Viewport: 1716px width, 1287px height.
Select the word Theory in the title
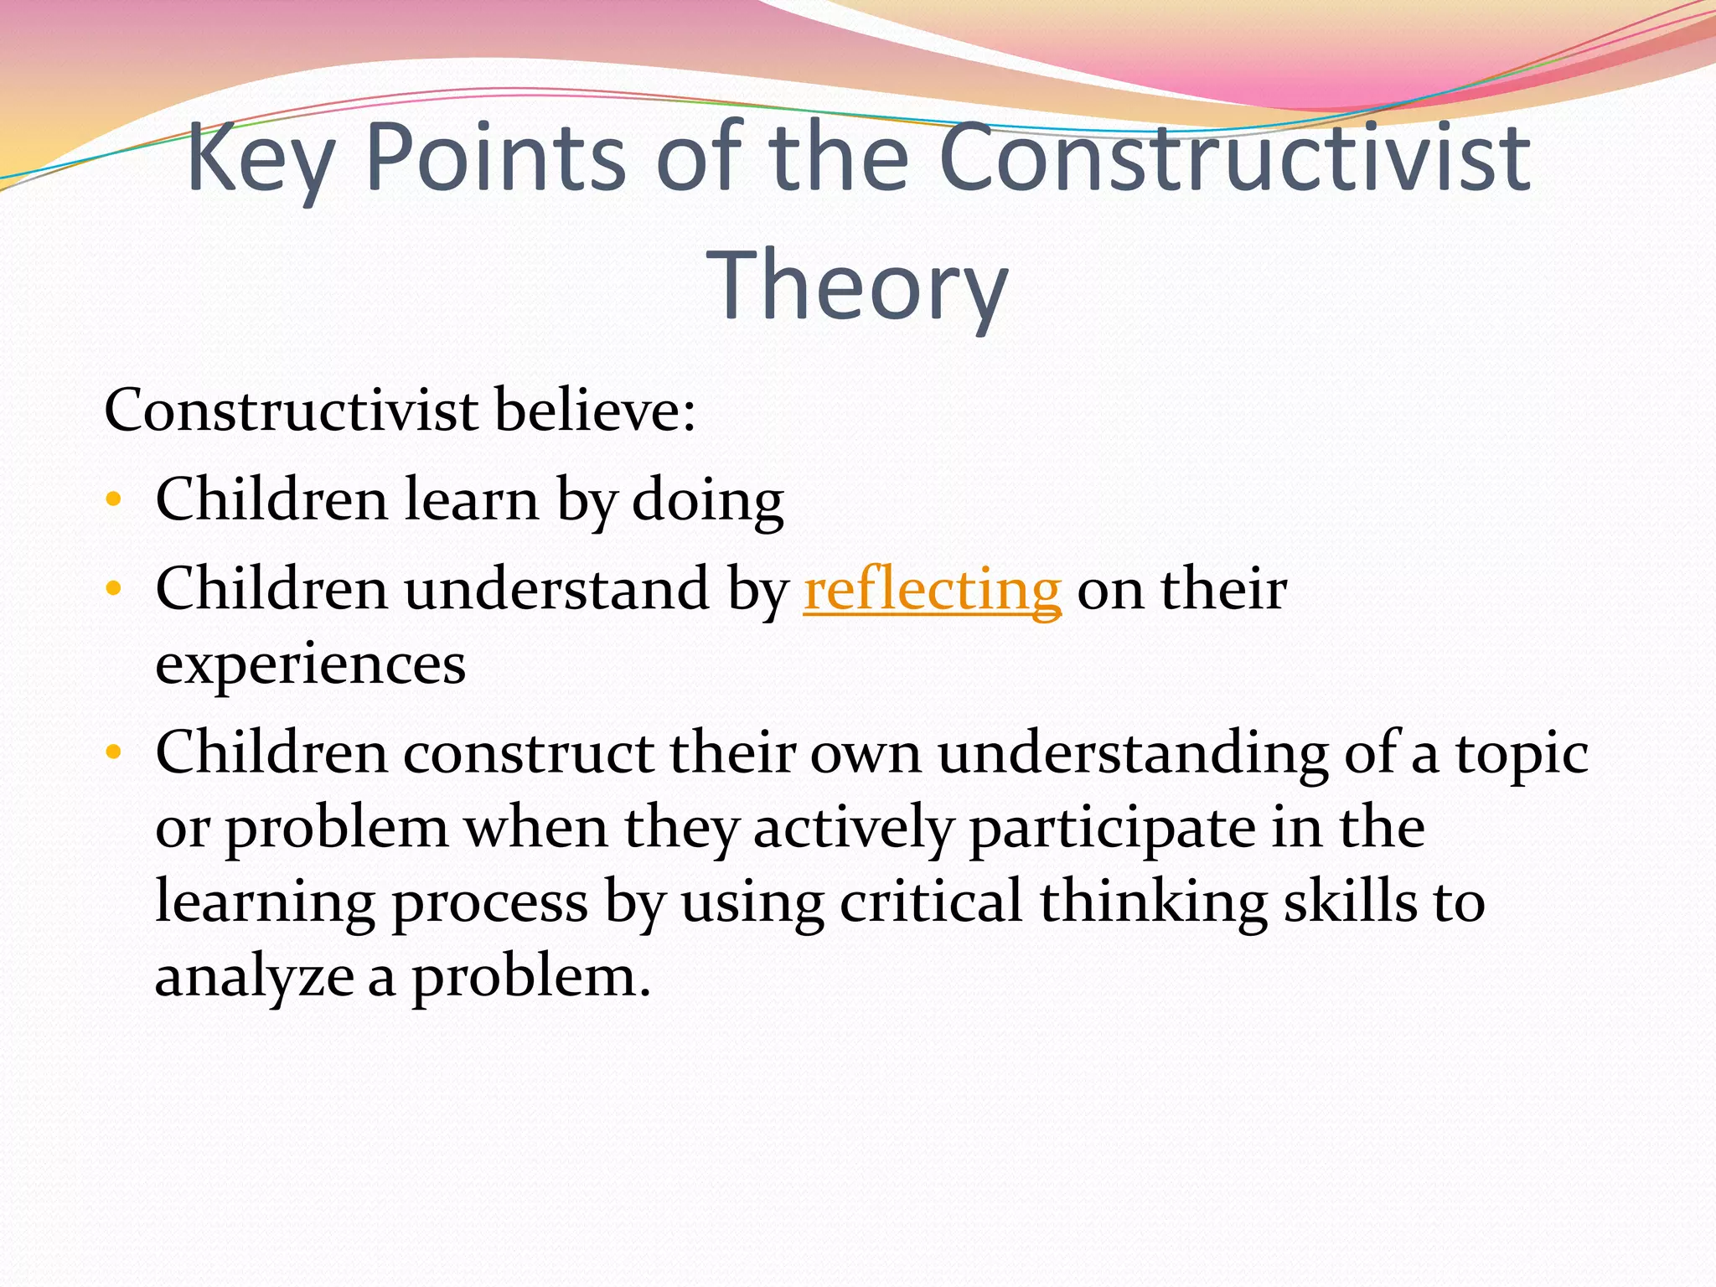857,286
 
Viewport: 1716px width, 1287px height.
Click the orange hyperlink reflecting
932,590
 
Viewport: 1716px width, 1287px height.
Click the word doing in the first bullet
707,500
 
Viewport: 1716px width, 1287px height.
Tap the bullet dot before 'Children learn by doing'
114,501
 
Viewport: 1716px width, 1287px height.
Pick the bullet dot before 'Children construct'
114,752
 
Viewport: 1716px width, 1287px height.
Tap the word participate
1111,829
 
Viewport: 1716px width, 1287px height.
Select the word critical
931,902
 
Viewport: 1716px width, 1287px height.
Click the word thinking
1153,902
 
